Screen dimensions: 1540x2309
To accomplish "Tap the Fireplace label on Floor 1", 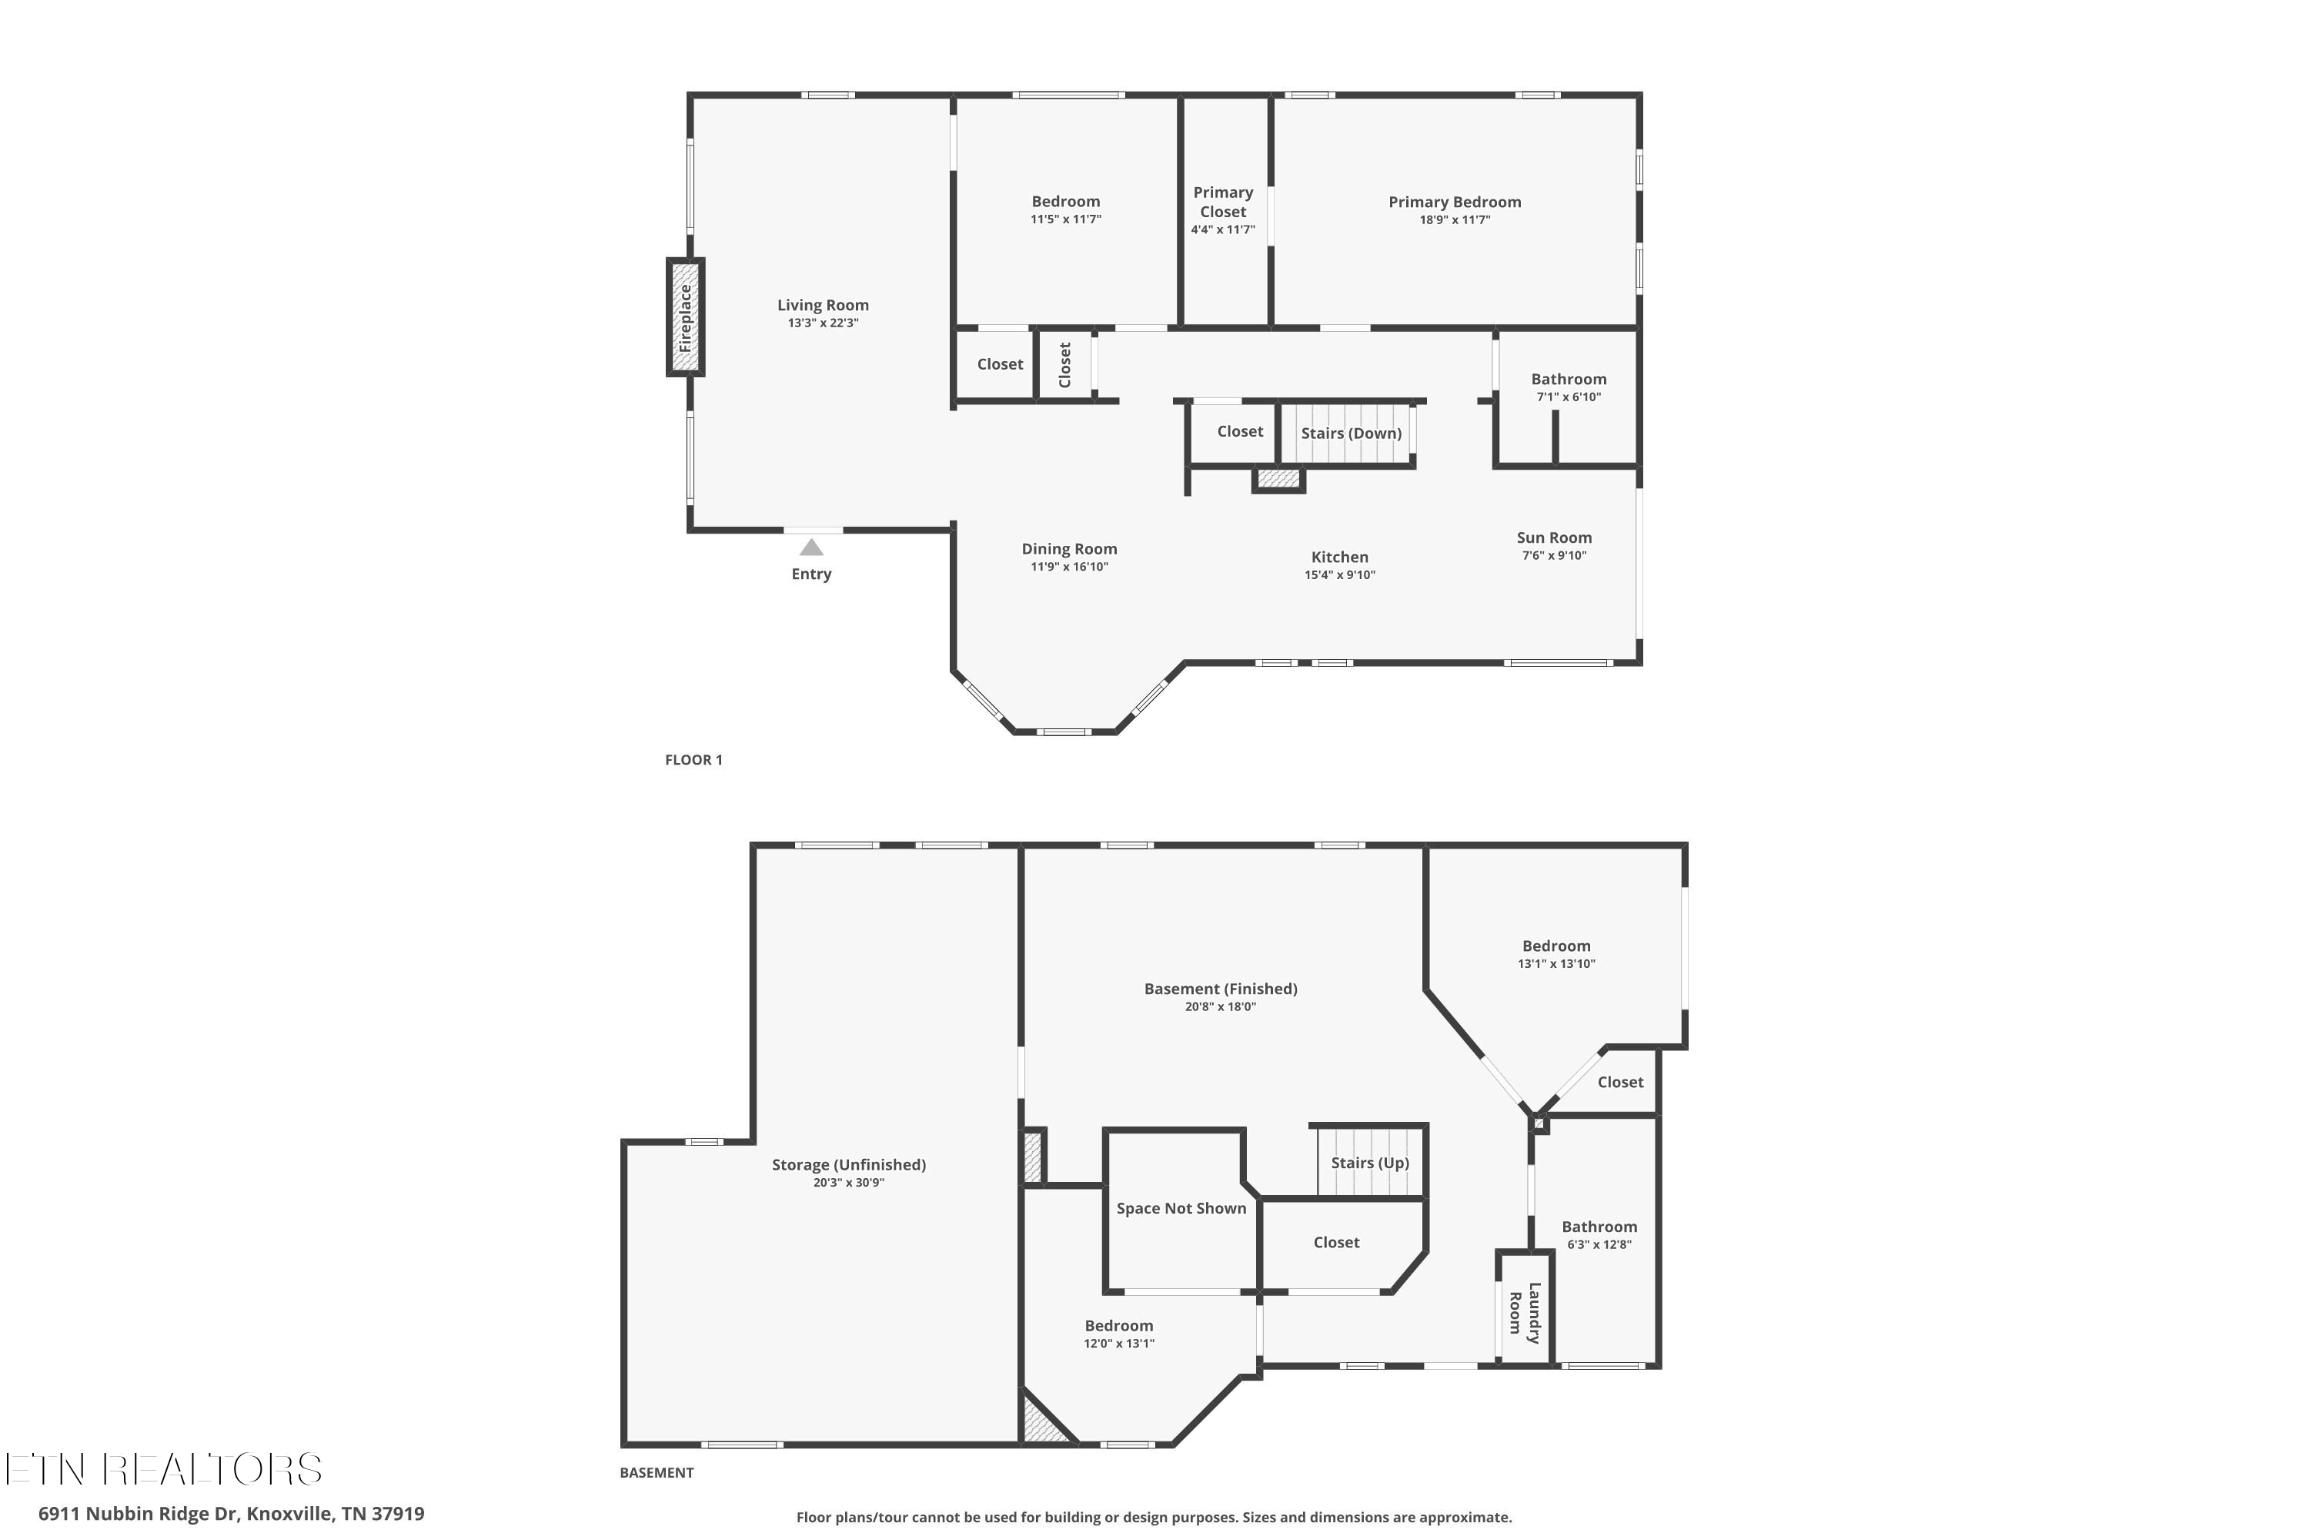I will tap(685, 318).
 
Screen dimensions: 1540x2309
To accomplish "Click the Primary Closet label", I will tap(1222, 201).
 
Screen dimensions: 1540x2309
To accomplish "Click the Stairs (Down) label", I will tap(1351, 433).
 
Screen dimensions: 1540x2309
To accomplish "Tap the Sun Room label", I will tap(1554, 537).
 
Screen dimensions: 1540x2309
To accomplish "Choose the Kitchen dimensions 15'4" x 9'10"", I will tap(1339, 575).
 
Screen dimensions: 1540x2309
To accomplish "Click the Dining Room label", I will tap(1069, 549).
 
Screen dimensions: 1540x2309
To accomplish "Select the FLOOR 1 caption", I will tap(693, 759).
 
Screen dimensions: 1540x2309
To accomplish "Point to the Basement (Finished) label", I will tap(1220, 989).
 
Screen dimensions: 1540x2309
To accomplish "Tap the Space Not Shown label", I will tap(1181, 1208).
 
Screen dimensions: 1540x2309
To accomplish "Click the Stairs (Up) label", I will tap(1369, 1163).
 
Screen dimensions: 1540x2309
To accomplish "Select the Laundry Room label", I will tap(1525, 1313).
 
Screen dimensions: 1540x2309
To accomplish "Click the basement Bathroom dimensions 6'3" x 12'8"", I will tap(1599, 1244).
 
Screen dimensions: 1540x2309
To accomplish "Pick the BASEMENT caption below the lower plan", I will tap(656, 1472).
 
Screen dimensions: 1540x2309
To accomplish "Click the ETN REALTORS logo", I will tap(164, 1469).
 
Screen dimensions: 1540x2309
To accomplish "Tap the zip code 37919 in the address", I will tap(398, 1514).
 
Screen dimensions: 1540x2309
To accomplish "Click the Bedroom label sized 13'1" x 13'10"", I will tap(1556, 946).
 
